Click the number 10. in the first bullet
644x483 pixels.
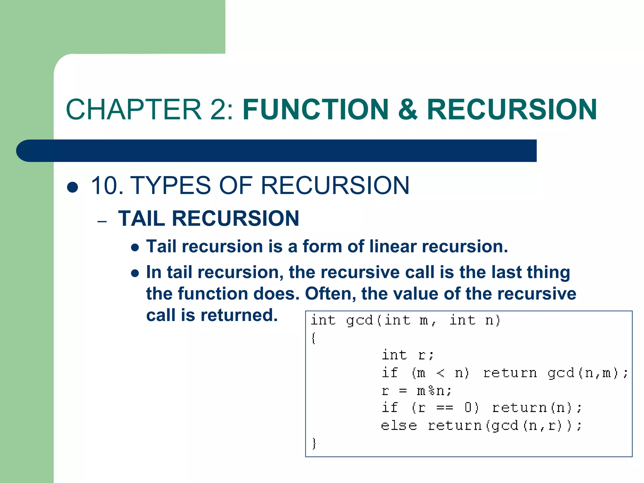[x=107, y=186]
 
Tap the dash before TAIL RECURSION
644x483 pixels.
[x=102, y=221]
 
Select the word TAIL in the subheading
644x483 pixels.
[x=142, y=219]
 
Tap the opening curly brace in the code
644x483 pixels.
[x=313, y=338]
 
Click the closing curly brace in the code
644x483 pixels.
[x=314, y=443]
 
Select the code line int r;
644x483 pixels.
[x=408, y=355]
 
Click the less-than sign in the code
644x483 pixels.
[x=440, y=373]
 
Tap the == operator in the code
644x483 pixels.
[x=445, y=408]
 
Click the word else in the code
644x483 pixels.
[x=399, y=426]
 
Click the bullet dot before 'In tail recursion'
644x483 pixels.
[x=135, y=273]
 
